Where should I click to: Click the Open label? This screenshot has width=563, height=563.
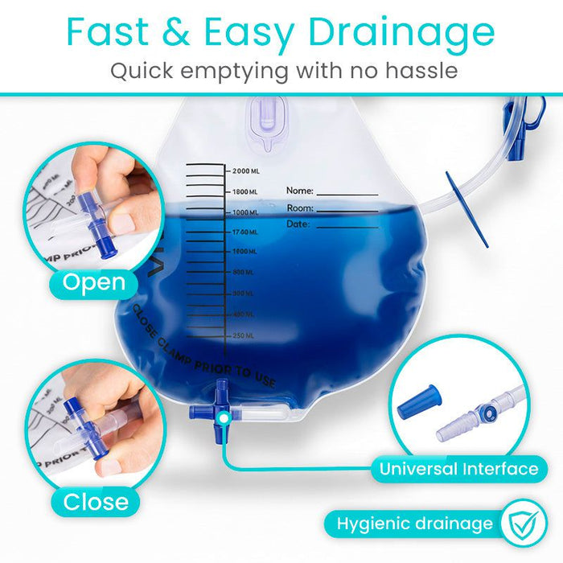point(94,283)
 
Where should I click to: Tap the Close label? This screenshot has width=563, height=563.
point(96,502)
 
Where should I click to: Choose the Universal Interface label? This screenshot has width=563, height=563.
point(470,469)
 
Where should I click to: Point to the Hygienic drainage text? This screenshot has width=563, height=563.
point(414,524)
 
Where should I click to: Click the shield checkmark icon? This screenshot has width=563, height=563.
point(523,524)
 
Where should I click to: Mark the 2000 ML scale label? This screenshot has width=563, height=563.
point(245,171)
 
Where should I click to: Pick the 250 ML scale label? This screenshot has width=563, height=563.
point(243,335)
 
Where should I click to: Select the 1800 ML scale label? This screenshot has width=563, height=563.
point(245,192)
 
